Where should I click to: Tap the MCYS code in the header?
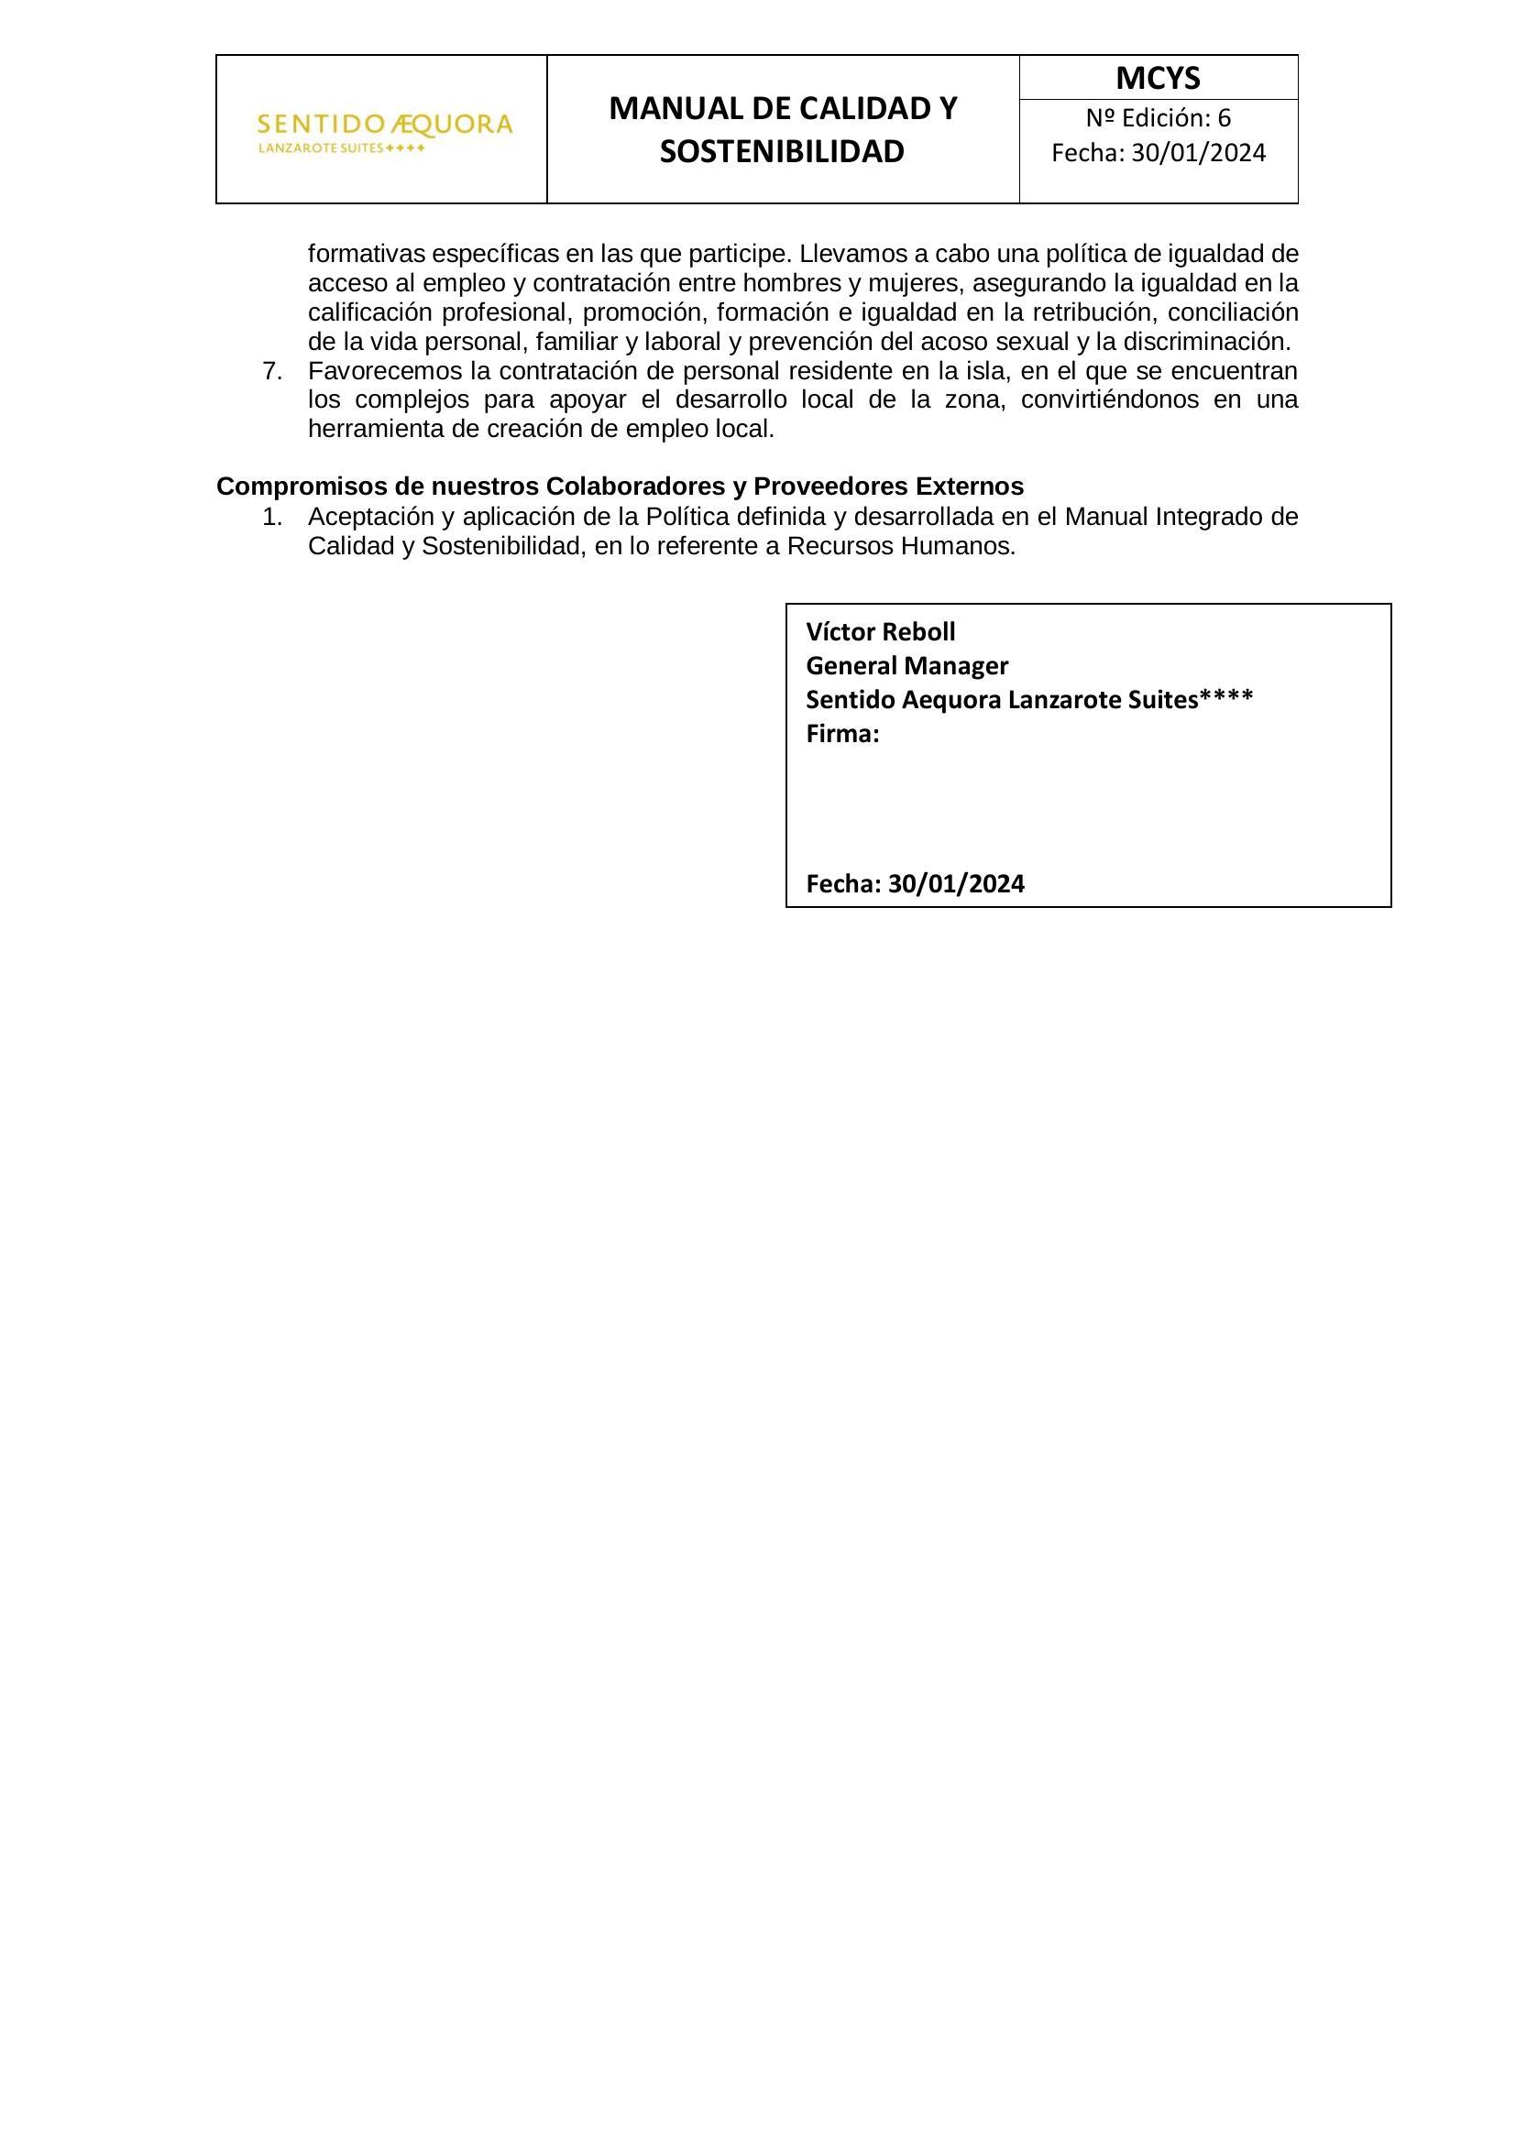pyautogui.click(x=1158, y=79)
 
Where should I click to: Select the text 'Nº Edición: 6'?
pyautogui.click(x=1158, y=118)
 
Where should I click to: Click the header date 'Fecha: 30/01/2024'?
pyautogui.click(x=1158, y=153)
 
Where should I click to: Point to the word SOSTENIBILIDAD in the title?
pyautogui.click(x=781, y=152)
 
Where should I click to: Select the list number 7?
pyautogui.click(x=271, y=371)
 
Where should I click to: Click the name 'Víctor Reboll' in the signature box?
pyautogui.click(x=880, y=633)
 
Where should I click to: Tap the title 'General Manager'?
pyautogui.click(x=906, y=666)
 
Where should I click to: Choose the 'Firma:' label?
pyautogui.click(x=842, y=735)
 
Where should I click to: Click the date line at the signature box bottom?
pyautogui.click(x=915, y=884)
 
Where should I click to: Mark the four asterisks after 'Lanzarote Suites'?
pyautogui.click(x=1226, y=700)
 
